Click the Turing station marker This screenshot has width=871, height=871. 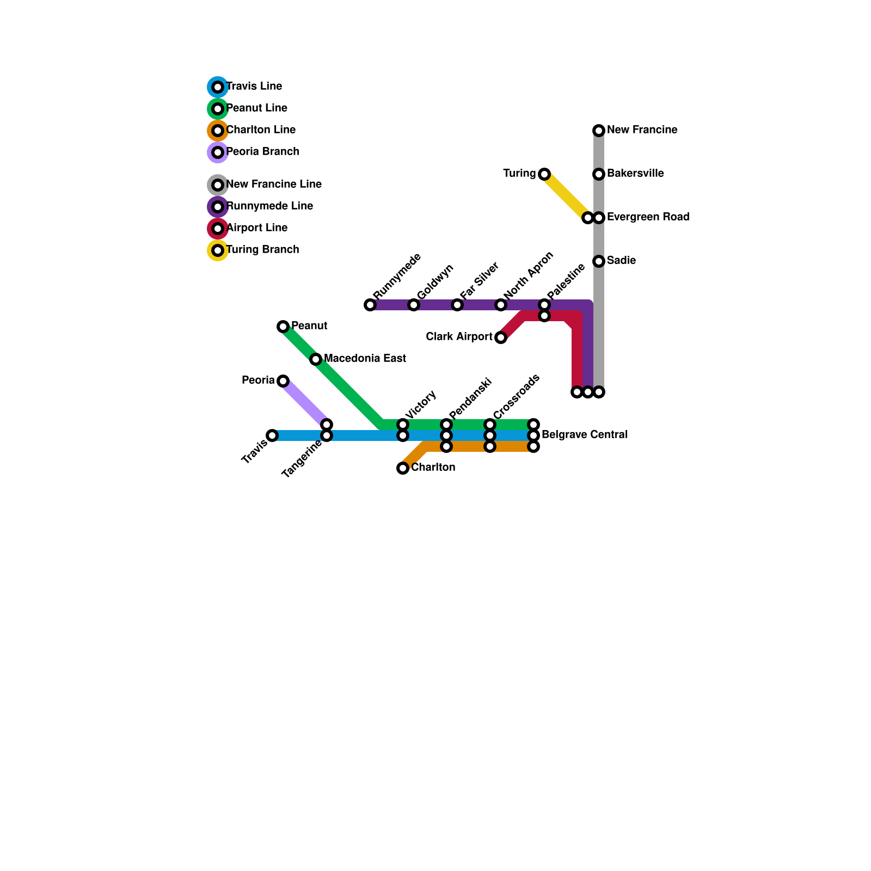[544, 174]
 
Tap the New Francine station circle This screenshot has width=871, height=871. [599, 131]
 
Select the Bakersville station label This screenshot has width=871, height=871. [635, 174]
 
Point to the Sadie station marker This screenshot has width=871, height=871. [599, 261]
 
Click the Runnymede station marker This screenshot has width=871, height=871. [370, 305]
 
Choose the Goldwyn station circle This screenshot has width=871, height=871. [414, 305]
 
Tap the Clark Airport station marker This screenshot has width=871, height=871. [501, 338]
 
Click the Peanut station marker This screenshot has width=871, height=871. [283, 327]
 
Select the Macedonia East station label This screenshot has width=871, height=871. [365, 359]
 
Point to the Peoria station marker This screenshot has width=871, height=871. [283, 381]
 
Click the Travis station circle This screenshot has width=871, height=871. [272, 436]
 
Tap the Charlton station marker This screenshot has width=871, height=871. [403, 468]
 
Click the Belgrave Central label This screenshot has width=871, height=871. [585, 435]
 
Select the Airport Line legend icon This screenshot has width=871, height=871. [218, 229]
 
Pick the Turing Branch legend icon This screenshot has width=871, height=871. [218, 250]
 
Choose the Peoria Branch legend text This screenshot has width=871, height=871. [262, 152]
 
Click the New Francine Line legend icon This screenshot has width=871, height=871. [218, 185]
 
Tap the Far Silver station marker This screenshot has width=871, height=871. [457, 305]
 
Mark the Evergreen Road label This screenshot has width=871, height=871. [648, 217]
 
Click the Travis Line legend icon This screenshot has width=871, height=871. [218, 87]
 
